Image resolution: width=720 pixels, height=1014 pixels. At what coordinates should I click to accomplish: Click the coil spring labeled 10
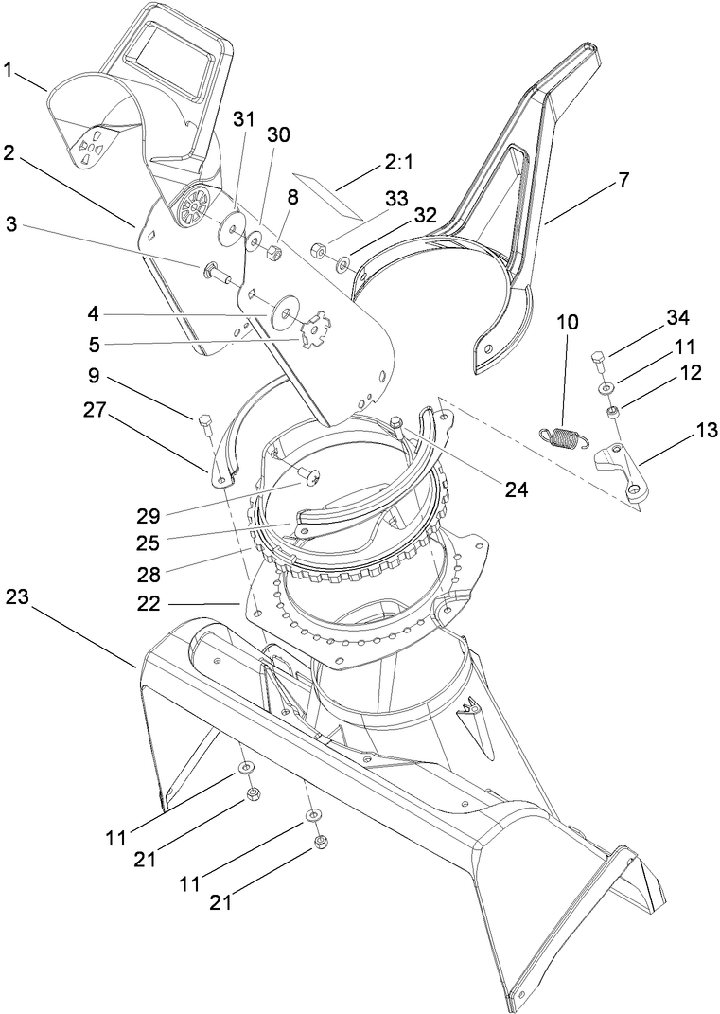point(566,436)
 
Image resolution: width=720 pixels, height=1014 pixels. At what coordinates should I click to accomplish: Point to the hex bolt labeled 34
point(597,361)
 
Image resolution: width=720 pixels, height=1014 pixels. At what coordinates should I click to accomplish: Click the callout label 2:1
point(398,163)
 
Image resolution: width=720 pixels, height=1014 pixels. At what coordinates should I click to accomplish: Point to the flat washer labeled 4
point(283,314)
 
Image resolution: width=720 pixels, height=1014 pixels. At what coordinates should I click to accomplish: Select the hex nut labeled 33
point(319,251)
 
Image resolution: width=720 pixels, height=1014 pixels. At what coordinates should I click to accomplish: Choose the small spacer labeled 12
point(614,411)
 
